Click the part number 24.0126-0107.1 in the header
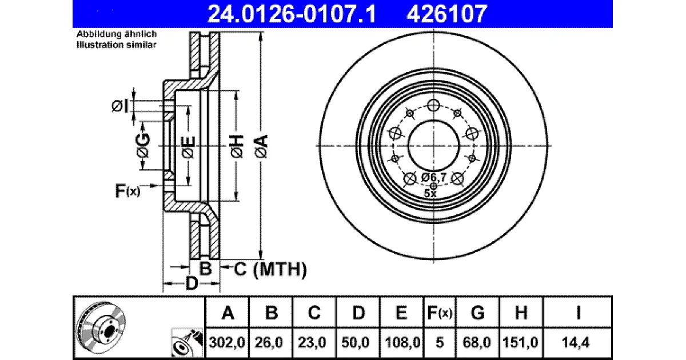pos(292,14)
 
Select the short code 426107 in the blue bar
pos(446,14)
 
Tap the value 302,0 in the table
pos(227,342)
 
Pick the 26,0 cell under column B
pos(269,342)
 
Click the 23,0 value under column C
pos(312,342)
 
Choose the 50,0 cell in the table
pos(356,342)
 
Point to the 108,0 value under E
pos(402,342)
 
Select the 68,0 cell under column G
pos(477,342)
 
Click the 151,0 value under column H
pos(520,342)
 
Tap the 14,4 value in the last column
pos(576,342)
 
